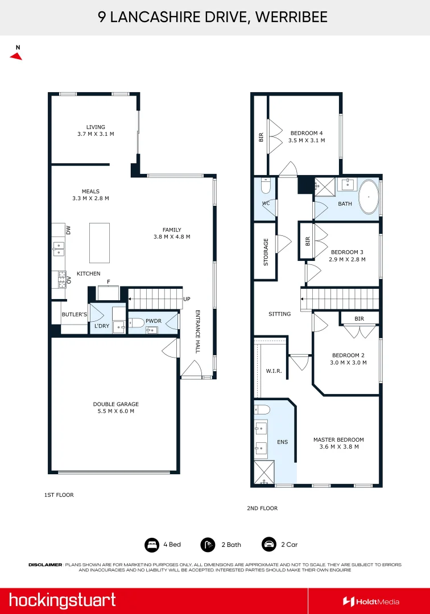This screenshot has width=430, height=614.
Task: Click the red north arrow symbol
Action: tap(16, 56)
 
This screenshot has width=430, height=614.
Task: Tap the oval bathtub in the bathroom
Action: tap(369, 197)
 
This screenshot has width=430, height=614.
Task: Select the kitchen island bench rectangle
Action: tap(100, 243)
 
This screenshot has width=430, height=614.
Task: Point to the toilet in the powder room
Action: tap(137, 323)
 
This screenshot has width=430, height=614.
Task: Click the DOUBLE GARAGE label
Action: tap(116, 407)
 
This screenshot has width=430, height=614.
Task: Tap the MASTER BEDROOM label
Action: tap(339, 443)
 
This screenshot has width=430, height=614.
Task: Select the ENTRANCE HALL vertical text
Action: tap(198, 331)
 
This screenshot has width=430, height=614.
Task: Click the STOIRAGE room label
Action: tap(266, 252)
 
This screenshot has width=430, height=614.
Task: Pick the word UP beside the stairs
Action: tap(187, 299)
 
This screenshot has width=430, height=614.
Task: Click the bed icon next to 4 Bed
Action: tap(152, 545)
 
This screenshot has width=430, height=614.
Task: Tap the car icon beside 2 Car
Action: tap(269, 544)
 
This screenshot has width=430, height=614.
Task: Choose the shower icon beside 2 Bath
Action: tap(208, 545)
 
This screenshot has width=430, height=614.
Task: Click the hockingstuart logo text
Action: tap(62, 601)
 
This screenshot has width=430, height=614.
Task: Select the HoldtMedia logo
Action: tap(371, 601)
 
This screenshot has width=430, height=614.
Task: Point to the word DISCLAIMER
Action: tap(46, 565)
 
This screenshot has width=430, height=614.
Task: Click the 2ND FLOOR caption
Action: tap(262, 508)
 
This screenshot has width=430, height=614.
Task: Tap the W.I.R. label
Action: tap(274, 371)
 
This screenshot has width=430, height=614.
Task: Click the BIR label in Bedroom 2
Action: tap(359, 319)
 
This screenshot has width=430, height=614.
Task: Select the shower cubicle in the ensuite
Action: tap(264, 472)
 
